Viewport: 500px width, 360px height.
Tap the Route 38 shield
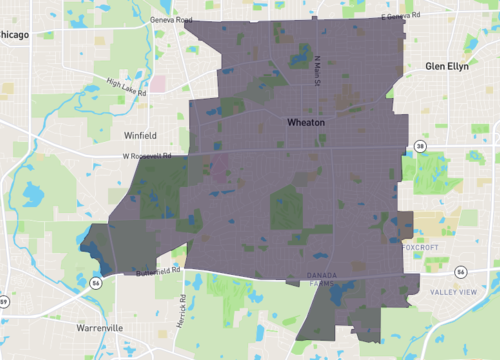[x=420, y=146]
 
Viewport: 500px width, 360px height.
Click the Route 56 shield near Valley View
[x=460, y=272]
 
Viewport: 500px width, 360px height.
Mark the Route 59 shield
[x=4, y=300]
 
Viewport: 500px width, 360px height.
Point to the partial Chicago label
[x=14, y=34]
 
